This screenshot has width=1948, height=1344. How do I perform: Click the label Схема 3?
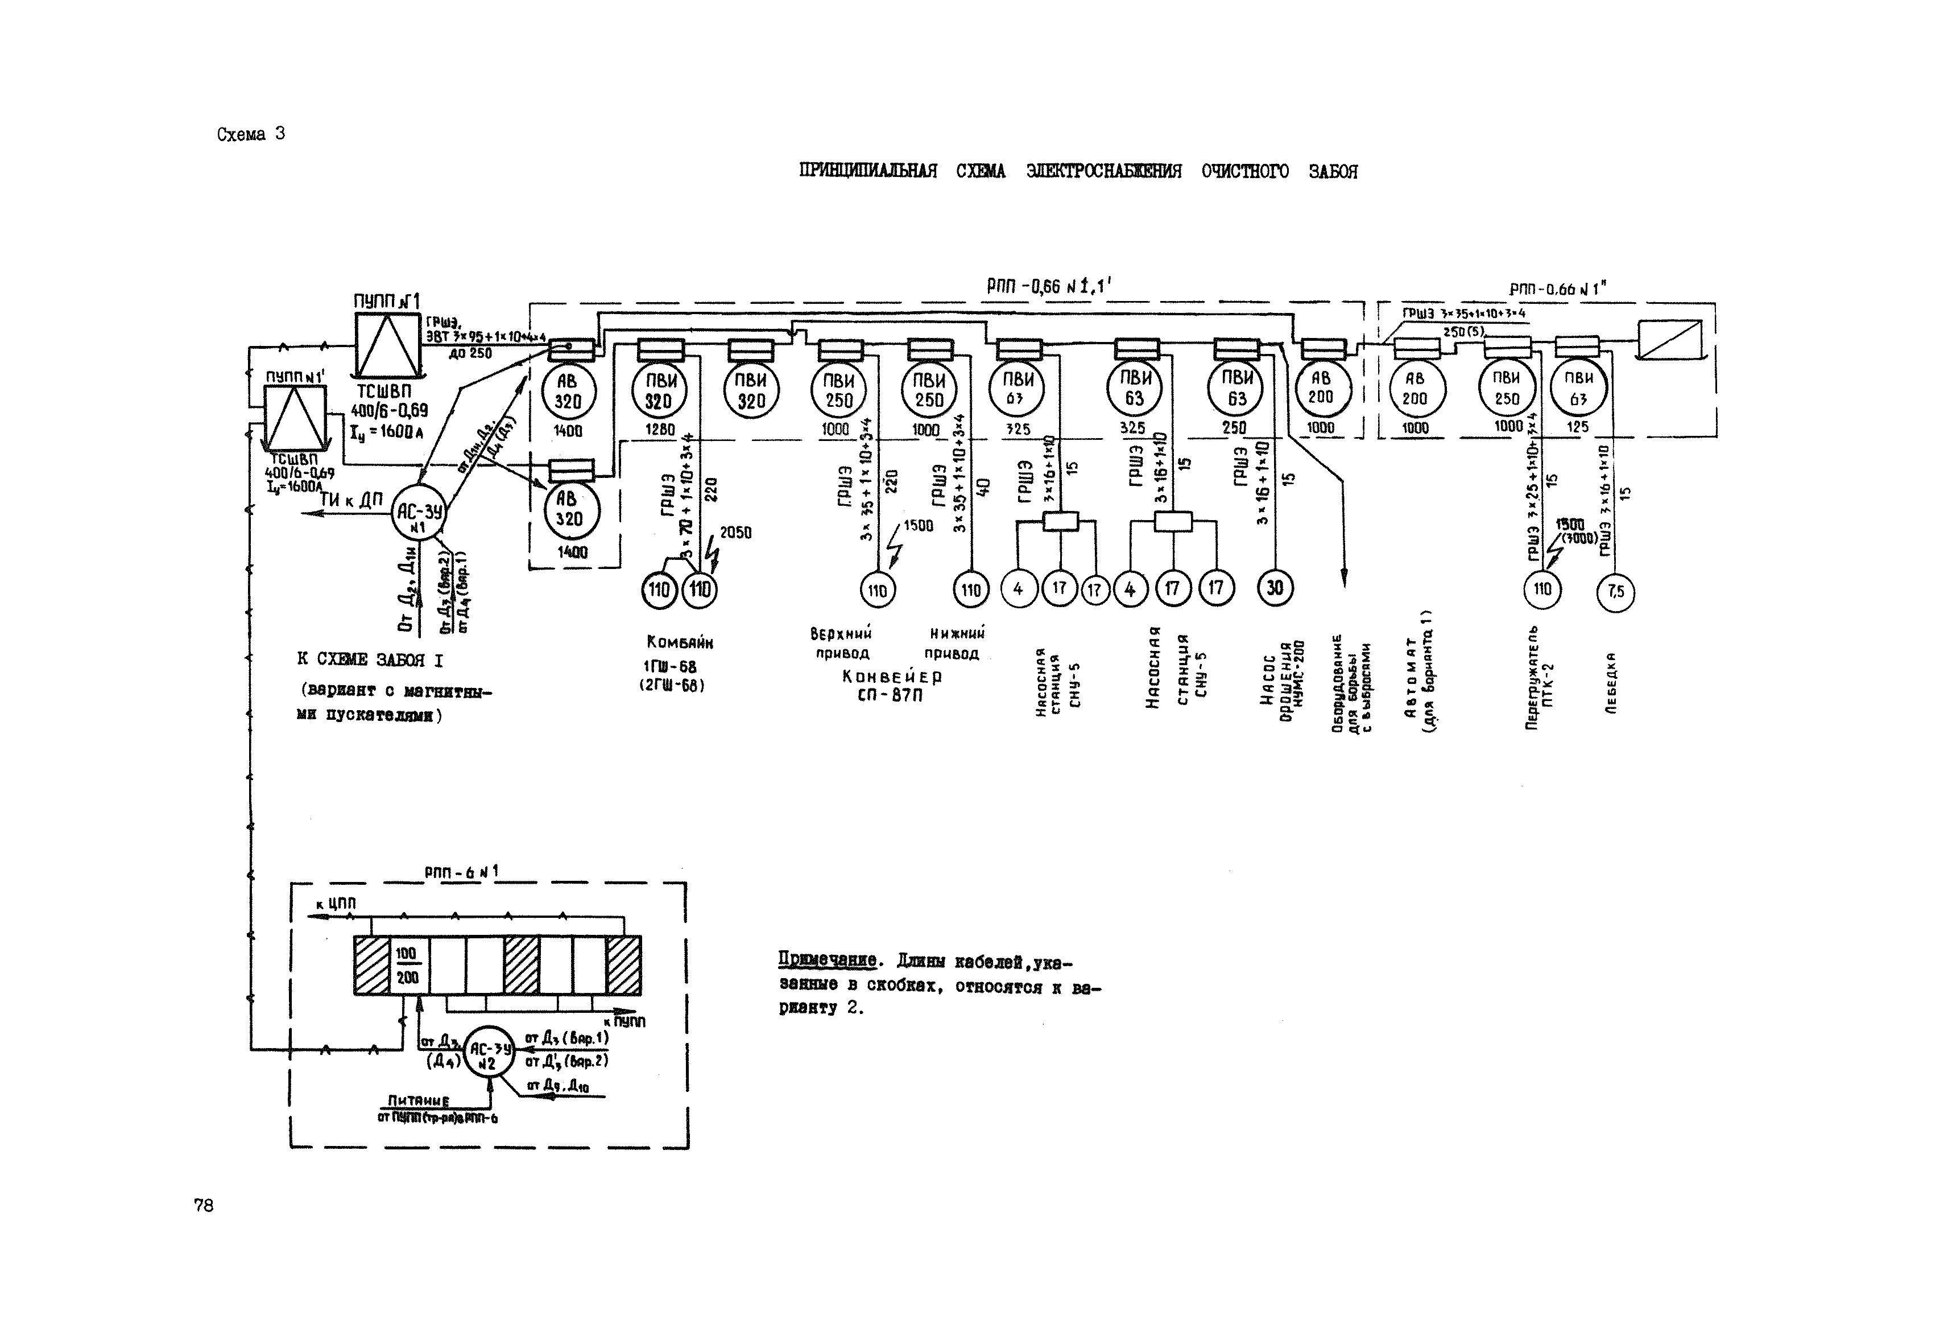pyautogui.click(x=251, y=134)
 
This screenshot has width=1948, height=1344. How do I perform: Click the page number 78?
pyautogui.click(x=204, y=1205)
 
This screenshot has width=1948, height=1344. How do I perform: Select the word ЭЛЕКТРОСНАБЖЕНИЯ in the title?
pyautogui.click(x=1103, y=172)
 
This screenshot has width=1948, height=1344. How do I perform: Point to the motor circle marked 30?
pyautogui.click(x=1275, y=588)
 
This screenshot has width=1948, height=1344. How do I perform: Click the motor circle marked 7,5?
pyautogui.click(x=1615, y=592)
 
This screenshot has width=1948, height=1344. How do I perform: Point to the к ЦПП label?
pyautogui.click(x=336, y=904)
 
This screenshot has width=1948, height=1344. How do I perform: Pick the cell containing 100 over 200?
pyautogui.click(x=407, y=965)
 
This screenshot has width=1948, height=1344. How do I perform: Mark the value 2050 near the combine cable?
pyautogui.click(x=735, y=532)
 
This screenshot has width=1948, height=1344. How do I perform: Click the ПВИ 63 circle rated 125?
pyautogui.click(x=1578, y=388)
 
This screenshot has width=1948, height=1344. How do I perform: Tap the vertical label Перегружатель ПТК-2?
pyautogui.click(x=1541, y=677)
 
